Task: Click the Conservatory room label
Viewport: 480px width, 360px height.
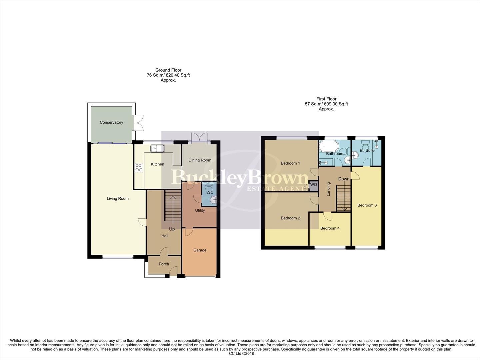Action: click(x=111, y=122)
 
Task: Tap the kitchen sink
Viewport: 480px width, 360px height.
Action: click(x=157, y=148)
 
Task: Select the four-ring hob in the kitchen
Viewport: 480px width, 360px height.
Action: click(x=139, y=168)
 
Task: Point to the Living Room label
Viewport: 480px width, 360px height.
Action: click(x=118, y=198)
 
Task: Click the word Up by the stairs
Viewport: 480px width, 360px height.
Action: click(x=172, y=229)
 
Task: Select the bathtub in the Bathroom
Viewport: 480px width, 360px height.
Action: click(x=329, y=146)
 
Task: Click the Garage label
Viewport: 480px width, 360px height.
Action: click(x=200, y=250)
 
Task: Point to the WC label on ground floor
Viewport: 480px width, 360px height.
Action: click(x=210, y=192)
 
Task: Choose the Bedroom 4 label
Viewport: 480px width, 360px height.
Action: click(x=330, y=228)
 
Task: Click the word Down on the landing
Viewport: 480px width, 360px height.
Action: click(x=344, y=179)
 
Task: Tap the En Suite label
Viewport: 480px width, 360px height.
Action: click(x=367, y=150)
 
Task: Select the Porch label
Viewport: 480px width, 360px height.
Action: click(x=164, y=264)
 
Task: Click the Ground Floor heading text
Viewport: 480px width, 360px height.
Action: click(x=168, y=70)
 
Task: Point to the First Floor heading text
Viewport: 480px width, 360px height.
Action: click(x=326, y=99)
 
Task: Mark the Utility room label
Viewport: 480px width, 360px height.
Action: click(x=200, y=210)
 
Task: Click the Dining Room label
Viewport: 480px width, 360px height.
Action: click(x=200, y=160)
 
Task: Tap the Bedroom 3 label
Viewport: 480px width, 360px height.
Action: click(x=367, y=205)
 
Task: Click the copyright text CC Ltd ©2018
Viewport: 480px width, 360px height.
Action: click(x=241, y=353)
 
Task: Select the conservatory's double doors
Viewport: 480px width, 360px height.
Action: click(x=139, y=123)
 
